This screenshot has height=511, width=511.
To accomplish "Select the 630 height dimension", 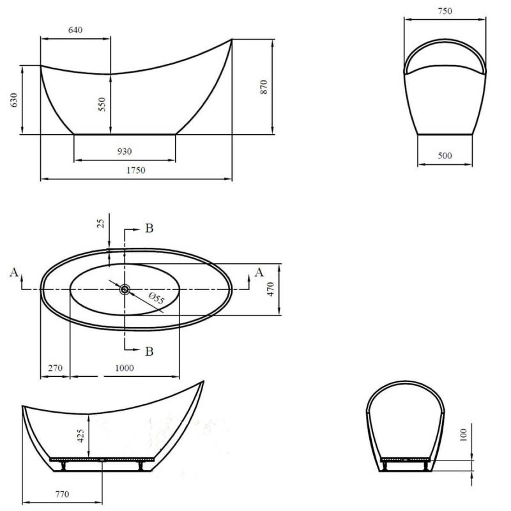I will coord(15,100).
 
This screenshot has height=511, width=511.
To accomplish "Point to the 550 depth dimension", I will coord(102,105).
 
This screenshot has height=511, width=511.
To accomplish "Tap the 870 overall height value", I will coord(263,87).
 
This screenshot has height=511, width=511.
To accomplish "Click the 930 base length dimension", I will coord(125,151).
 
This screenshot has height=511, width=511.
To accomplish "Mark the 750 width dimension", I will coord(445,11).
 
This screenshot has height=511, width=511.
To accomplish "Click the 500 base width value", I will coord(445,155).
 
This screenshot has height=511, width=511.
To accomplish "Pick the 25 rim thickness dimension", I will coord(100,224).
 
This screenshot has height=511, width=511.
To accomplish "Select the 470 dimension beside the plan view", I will coord(270,289).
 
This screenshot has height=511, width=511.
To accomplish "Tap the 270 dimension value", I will coord(54,368).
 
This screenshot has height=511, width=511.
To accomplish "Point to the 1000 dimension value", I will coord(124,368).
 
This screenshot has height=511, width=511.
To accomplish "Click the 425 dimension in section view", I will coord(82,436).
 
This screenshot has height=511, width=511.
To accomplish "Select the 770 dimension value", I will coord(62,494).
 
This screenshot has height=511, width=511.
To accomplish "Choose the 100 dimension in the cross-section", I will coord(464,435).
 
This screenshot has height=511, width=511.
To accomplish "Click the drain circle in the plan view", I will coord(125,289).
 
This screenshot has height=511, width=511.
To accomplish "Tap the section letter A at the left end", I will coord(13,273).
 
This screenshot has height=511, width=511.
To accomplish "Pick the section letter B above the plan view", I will coord(148,229).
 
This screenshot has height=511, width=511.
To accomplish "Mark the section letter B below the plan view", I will coord(148,351).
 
